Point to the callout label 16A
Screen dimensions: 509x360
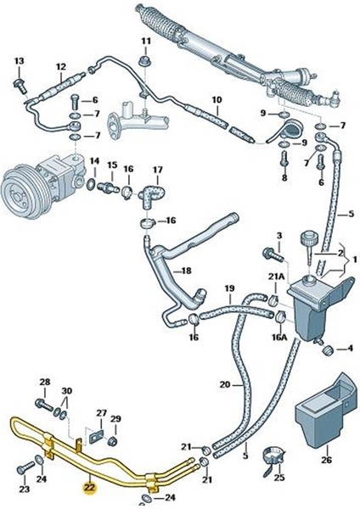pyautogui.click(x=278, y=337)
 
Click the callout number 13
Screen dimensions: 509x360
pyautogui.click(x=20, y=60)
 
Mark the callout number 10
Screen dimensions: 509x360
pyautogui.click(x=216, y=100)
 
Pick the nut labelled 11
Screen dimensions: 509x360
pyautogui.click(x=145, y=62)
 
